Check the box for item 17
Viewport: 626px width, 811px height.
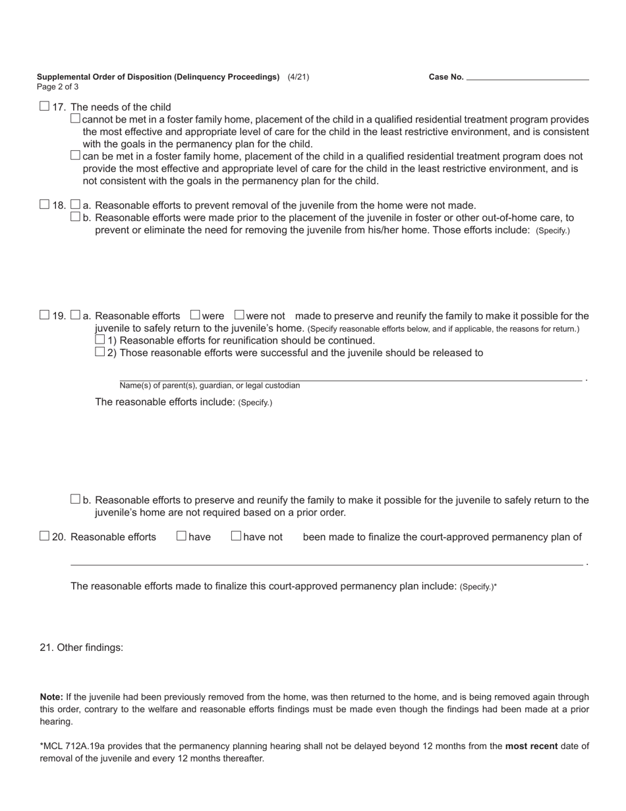coord(44,105)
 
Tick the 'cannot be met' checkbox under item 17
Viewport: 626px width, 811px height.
coord(75,119)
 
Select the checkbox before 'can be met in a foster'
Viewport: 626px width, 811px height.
coord(75,156)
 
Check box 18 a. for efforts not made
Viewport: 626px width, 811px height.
coord(75,204)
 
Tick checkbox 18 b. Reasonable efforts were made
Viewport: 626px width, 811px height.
coord(75,217)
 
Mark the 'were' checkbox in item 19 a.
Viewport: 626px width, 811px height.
coord(195,315)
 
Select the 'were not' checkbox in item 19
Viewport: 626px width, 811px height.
coord(239,315)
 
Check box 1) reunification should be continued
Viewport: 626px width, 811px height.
coord(100,340)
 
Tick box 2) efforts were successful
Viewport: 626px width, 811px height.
coord(100,352)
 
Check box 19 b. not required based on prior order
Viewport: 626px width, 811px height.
coord(75,499)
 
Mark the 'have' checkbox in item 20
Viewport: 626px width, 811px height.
coord(181,536)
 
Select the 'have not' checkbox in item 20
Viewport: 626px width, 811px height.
coord(236,536)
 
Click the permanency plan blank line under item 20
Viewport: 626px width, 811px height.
coord(326,563)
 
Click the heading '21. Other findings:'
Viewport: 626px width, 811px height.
coord(82,647)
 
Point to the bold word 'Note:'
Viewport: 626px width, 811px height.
coord(51,697)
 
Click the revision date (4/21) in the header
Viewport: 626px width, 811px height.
coord(298,77)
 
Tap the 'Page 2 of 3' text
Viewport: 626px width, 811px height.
coord(58,87)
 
